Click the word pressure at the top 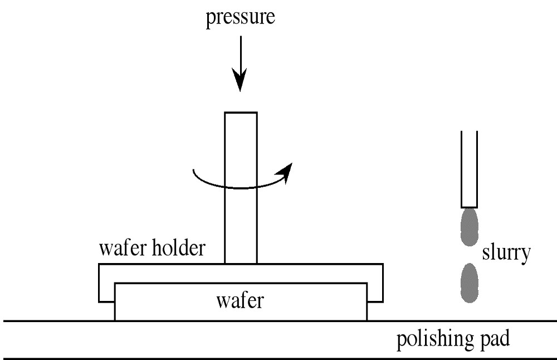(x=241, y=18)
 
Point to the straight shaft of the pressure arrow (x=241, y=56)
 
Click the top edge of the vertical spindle (x=241, y=113)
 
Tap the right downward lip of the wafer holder (x=375, y=293)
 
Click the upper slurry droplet (x=469, y=227)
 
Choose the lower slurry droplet (x=470, y=283)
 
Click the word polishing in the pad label (x=432, y=339)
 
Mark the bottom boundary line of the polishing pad (x=278, y=358)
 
